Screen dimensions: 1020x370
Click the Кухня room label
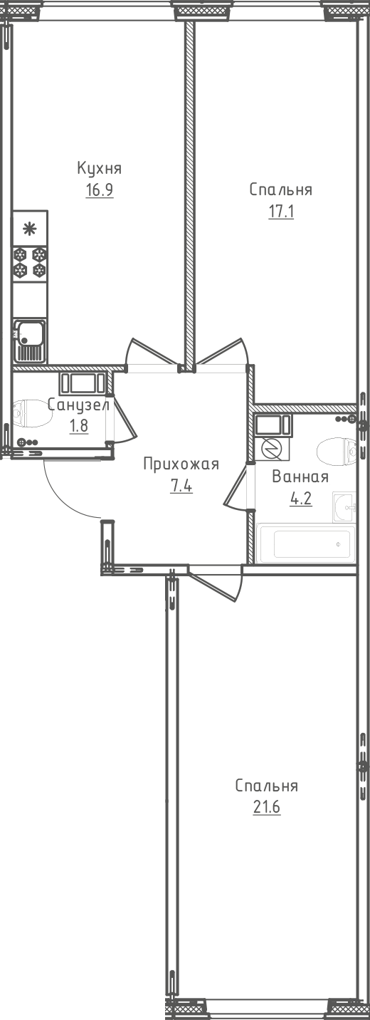click(x=100, y=169)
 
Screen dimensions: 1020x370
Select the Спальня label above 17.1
click(x=280, y=190)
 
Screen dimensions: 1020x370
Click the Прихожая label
click(x=181, y=464)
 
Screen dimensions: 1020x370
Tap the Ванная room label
click(x=300, y=477)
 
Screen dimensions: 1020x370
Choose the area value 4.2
click(x=300, y=499)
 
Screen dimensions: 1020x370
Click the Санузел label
click(x=78, y=405)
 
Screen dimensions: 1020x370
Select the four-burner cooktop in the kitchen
click(x=30, y=261)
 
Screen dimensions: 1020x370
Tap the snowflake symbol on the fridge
click(x=29, y=229)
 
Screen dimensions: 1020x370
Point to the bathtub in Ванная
click(x=306, y=545)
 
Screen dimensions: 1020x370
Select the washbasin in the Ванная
click(x=345, y=507)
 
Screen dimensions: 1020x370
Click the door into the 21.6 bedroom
click(x=217, y=581)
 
